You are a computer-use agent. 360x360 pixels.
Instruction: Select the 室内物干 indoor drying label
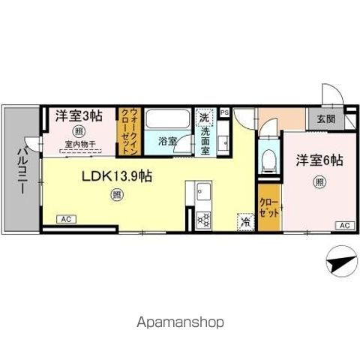(x=79, y=146)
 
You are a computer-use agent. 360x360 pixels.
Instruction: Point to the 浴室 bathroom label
(x=168, y=141)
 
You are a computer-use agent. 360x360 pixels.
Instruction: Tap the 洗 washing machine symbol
(x=204, y=118)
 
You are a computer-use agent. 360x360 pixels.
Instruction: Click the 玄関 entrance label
(x=325, y=119)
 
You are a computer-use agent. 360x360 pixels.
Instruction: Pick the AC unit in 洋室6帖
(x=343, y=225)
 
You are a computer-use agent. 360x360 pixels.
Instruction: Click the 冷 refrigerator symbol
(x=244, y=221)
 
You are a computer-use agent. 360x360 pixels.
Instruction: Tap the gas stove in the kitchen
(x=203, y=220)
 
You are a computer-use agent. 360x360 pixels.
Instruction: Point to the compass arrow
(x=339, y=264)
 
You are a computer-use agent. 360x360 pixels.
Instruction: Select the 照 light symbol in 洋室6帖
(x=319, y=181)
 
